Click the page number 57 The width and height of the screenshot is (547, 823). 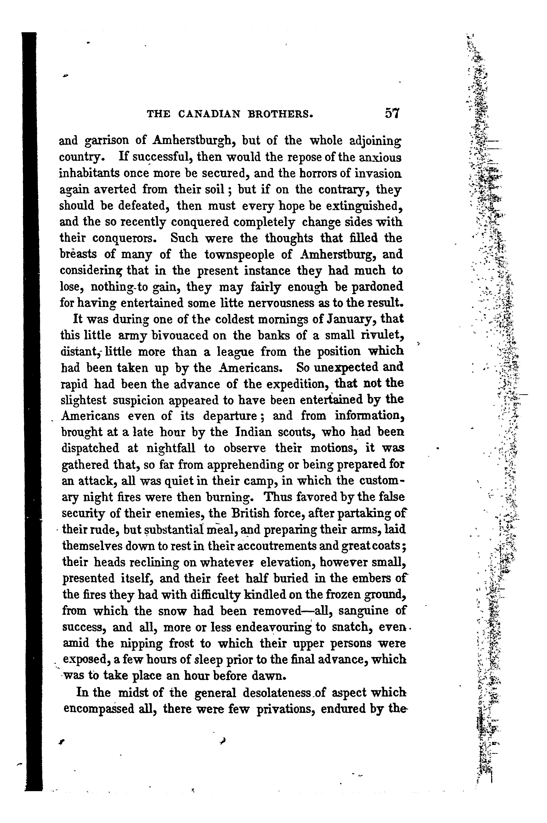pos(392,114)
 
